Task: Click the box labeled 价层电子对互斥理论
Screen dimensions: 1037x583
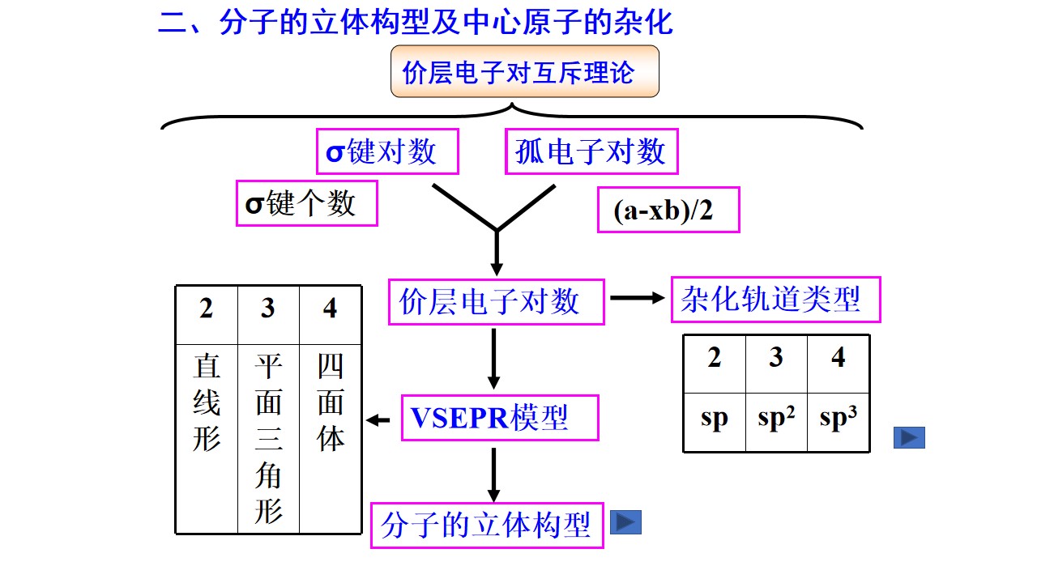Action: pyautogui.click(x=524, y=71)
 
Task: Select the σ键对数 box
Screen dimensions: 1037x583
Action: pyautogui.click(x=387, y=151)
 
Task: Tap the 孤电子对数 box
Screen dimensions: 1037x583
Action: pyautogui.click(x=591, y=151)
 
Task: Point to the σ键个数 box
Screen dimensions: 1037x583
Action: pyautogui.click(x=307, y=203)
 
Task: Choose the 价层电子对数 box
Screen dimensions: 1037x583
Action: pyautogui.click(x=497, y=302)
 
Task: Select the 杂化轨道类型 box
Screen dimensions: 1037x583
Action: pyautogui.click(x=776, y=300)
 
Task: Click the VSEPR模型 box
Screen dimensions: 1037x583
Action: pyautogui.click(x=500, y=418)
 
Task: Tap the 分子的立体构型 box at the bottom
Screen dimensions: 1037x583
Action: pyautogui.click(x=487, y=526)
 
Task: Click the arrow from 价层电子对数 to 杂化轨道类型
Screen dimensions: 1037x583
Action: pyautogui.click(x=638, y=298)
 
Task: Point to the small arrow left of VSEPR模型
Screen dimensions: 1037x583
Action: pyautogui.click(x=378, y=420)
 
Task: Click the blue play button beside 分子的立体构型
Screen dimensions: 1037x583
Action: pyautogui.click(x=626, y=522)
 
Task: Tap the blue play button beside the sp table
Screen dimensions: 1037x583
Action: pyautogui.click(x=909, y=438)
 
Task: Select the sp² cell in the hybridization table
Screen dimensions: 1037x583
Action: pyautogui.click(x=776, y=422)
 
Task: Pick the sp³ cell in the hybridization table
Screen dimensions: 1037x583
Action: pyautogui.click(x=839, y=422)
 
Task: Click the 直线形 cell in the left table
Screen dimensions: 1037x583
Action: pyautogui.click(x=207, y=439)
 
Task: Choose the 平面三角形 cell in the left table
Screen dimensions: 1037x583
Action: pyautogui.click(x=268, y=439)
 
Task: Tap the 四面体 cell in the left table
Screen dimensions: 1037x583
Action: pyautogui.click(x=330, y=439)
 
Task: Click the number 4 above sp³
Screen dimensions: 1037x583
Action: pyautogui.click(x=839, y=357)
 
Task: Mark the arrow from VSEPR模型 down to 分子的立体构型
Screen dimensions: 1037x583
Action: pyautogui.click(x=494, y=475)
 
